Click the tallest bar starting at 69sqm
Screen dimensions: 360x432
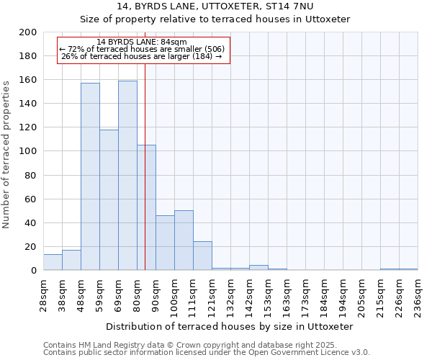[127, 176]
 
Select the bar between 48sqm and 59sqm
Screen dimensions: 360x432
[90, 176]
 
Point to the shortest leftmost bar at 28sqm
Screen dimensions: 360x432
[53, 262]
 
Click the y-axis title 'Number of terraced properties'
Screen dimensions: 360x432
[7, 154]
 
